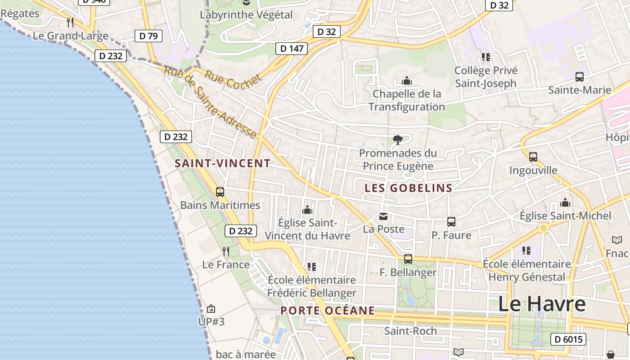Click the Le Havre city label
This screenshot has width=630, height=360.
[x=542, y=304]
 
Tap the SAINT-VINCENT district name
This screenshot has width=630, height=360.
[x=223, y=163]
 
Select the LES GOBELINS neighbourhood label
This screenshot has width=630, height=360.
[x=408, y=188]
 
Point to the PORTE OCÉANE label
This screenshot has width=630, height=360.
[x=328, y=310]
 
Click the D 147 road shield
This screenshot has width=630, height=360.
[x=292, y=49]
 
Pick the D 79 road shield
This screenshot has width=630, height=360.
[x=148, y=36]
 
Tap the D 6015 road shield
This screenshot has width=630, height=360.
[x=568, y=339]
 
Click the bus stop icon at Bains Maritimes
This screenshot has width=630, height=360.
[x=220, y=192]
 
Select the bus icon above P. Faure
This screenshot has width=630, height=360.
[x=451, y=222]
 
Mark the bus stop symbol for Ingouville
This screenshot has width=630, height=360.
[x=533, y=157]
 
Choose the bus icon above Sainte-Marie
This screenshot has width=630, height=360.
[x=580, y=77]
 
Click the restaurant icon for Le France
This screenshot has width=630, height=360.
[x=226, y=251]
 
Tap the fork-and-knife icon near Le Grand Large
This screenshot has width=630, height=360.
[x=70, y=22]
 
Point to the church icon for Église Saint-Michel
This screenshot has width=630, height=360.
[x=565, y=202]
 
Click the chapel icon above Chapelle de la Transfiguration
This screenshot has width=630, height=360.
[x=407, y=81]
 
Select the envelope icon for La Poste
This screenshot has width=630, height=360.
[x=383, y=216]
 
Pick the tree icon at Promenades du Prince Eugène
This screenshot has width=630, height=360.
[x=397, y=140]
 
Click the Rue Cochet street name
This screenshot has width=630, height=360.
[x=234, y=81]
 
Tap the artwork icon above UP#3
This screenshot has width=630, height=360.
[x=211, y=309]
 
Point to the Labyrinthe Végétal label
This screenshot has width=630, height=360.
[x=246, y=15]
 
